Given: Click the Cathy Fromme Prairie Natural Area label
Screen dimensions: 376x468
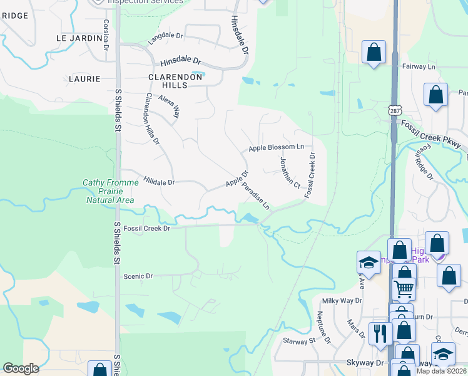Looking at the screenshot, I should pos(109,192).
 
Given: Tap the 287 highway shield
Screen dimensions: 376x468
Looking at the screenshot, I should pos(395,111).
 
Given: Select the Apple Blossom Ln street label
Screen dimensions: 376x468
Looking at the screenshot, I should pos(276,148).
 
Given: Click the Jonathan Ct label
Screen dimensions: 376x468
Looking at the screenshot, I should pos(290,173).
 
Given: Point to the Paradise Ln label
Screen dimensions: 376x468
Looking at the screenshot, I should pos(256,196).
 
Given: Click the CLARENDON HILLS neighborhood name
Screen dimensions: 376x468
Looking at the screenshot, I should pos(176,77).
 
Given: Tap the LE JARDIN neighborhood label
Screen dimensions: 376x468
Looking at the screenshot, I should pos(79,38).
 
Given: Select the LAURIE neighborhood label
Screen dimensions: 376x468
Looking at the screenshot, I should pos(84,79).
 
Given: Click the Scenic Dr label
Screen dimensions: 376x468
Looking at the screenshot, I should pos(138,276).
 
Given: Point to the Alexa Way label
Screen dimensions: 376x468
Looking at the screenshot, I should pos(169,107).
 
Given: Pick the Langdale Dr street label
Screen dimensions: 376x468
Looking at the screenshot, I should pos(165,38).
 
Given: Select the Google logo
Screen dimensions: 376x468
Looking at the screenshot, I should pos(21,368).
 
